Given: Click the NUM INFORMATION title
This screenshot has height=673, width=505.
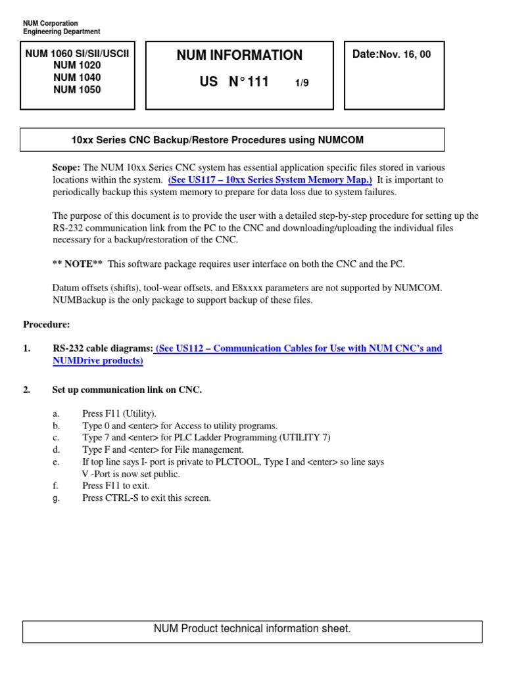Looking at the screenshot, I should coord(239,56).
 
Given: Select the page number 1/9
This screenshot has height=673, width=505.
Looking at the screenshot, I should coord(302,83).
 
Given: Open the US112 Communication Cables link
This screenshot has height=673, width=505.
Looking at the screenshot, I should coord(299,349).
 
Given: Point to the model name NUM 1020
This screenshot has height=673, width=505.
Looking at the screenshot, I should coord(77,65).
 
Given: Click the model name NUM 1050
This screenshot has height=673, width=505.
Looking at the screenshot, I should coord(77,90).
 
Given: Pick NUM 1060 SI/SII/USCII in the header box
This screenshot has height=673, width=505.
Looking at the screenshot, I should coord(77,53).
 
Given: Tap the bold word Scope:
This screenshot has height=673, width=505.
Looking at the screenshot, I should coord(66,167).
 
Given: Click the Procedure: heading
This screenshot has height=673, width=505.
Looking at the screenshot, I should coord(47,324).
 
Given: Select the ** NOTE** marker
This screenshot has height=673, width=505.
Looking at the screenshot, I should coord(78,264).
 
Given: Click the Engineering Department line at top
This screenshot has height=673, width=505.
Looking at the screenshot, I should coord(62,32).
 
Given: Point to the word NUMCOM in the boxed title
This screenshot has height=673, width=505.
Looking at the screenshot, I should coord(341,140).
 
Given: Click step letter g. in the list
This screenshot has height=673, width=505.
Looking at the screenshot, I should coord(56,498).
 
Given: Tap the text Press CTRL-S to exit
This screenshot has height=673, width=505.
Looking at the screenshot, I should coord(147,498).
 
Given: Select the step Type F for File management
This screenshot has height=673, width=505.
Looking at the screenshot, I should coord(162,450).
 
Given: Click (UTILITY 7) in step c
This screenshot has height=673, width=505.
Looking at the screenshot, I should coord(305,438).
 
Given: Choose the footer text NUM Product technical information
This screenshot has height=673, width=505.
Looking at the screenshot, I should coord(252,629).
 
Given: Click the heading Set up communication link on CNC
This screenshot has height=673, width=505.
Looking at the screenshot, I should coord(127,390).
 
